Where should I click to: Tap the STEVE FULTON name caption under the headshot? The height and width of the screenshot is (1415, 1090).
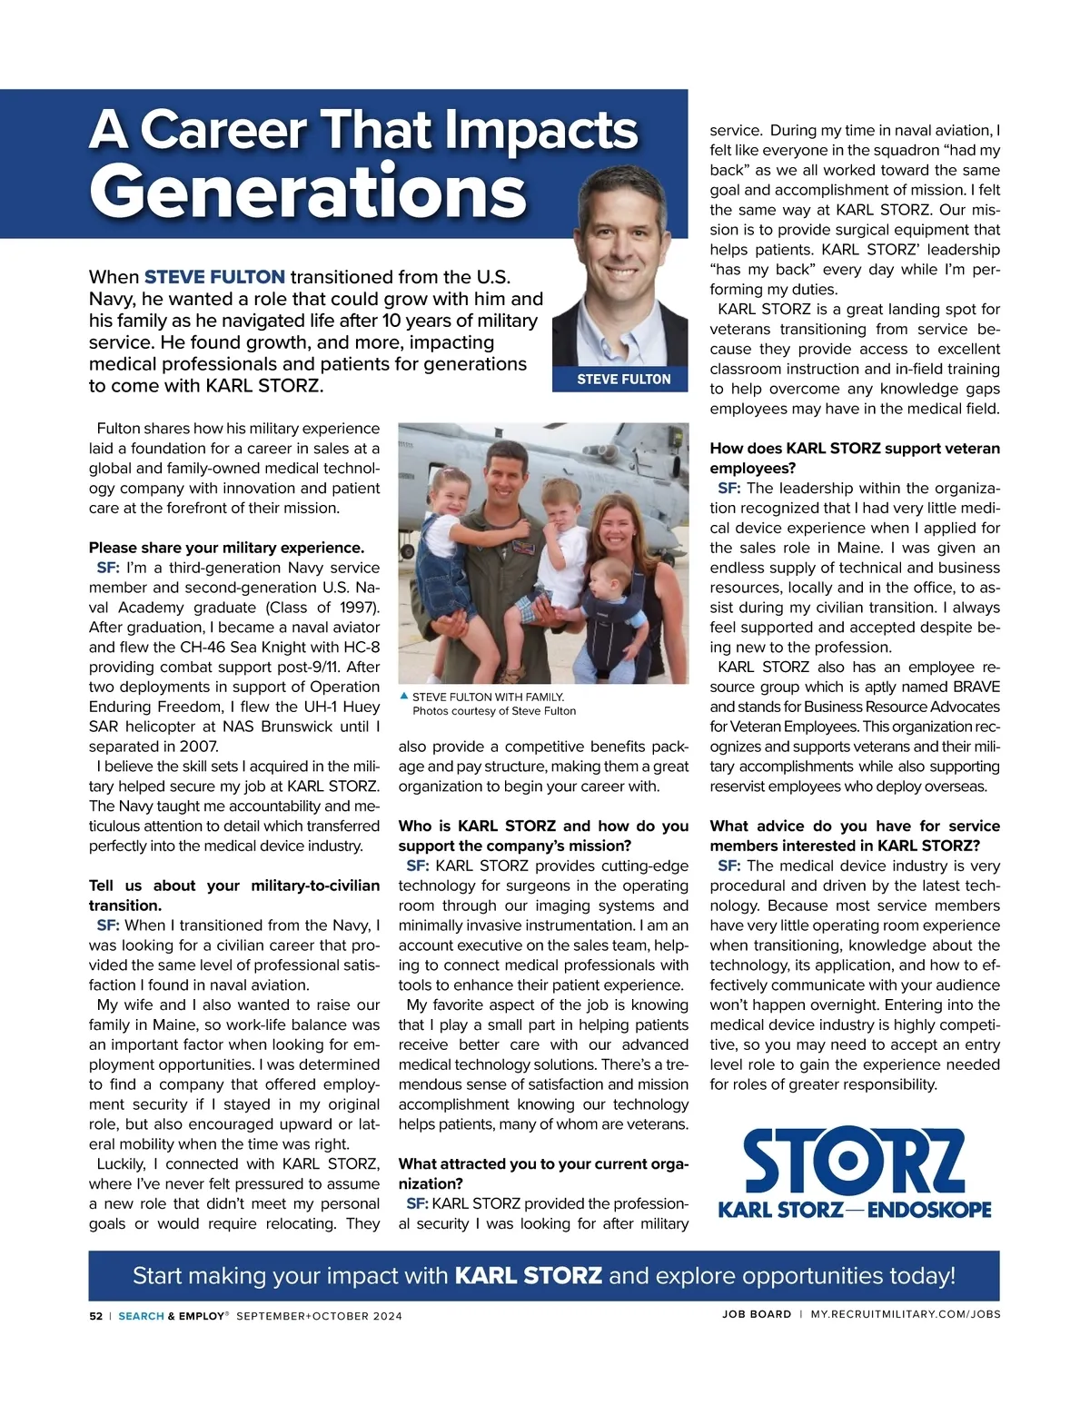pos(623,379)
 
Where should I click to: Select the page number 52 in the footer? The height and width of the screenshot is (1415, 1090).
pos(95,1315)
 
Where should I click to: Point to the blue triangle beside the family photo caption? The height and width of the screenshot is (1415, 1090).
pos(404,696)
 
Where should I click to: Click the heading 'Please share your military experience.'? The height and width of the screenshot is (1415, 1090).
pos(226,548)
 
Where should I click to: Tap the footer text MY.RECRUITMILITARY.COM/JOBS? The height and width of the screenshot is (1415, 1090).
pos(905,1314)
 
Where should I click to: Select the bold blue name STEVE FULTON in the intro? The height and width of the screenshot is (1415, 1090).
pos(214,277)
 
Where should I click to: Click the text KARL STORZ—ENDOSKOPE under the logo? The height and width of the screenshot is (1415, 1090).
pos(854,1210)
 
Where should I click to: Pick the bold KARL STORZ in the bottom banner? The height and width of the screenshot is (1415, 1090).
pos(528,1275)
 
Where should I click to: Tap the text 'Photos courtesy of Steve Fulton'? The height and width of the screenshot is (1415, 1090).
pos(494,711)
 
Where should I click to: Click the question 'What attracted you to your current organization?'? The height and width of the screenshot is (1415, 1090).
pos(543,1173)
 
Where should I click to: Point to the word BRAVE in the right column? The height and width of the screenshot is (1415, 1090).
pos(976,687)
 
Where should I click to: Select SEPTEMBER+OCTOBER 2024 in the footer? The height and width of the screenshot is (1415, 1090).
pos(319,1316)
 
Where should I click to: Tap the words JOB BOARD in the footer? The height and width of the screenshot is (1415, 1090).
pos(757,1314)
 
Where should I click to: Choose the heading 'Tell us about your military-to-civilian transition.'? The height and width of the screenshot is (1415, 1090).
pos(233,895)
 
